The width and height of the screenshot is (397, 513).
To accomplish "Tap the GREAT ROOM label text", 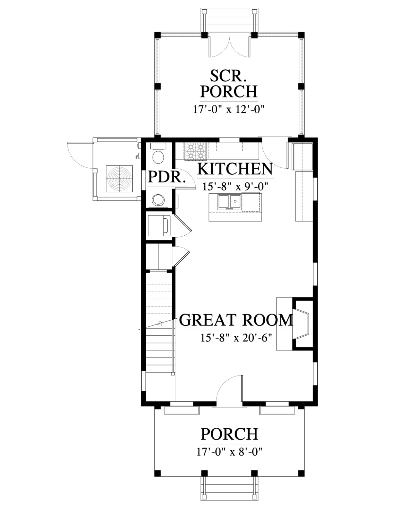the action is point(236,320).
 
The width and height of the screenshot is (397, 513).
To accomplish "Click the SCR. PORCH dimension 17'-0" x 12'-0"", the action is point(228,110).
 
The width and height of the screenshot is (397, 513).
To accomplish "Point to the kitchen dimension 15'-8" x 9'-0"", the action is point(235,187).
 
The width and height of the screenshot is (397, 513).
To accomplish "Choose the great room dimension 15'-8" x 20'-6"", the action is point(235,338).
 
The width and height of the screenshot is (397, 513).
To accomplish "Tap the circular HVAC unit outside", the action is point(119,179).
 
